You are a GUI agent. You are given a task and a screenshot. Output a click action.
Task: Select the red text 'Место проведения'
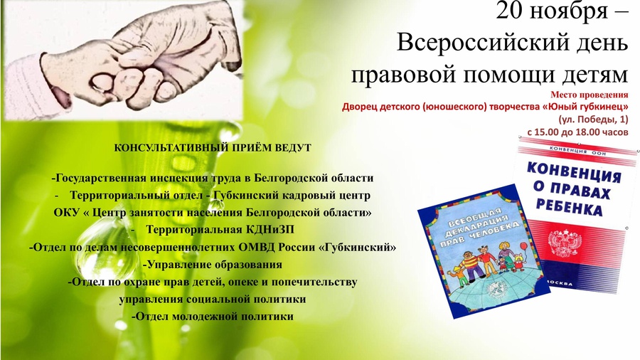589,95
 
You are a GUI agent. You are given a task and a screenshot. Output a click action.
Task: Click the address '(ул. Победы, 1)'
593,120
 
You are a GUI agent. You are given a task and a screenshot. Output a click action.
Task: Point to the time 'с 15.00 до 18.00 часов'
577,132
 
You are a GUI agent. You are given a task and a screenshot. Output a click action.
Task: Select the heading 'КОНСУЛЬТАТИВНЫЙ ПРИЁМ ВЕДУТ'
212,148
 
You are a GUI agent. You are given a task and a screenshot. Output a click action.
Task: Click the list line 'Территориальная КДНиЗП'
220,230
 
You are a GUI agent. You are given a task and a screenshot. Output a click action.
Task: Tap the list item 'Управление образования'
213,265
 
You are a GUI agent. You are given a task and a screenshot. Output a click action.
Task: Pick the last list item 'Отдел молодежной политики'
212,317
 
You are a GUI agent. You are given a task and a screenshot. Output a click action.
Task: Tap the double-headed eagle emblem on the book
565,243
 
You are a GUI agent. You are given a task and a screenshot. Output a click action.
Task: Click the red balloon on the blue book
523,248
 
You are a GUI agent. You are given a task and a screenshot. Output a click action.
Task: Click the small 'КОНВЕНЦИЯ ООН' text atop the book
577,151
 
